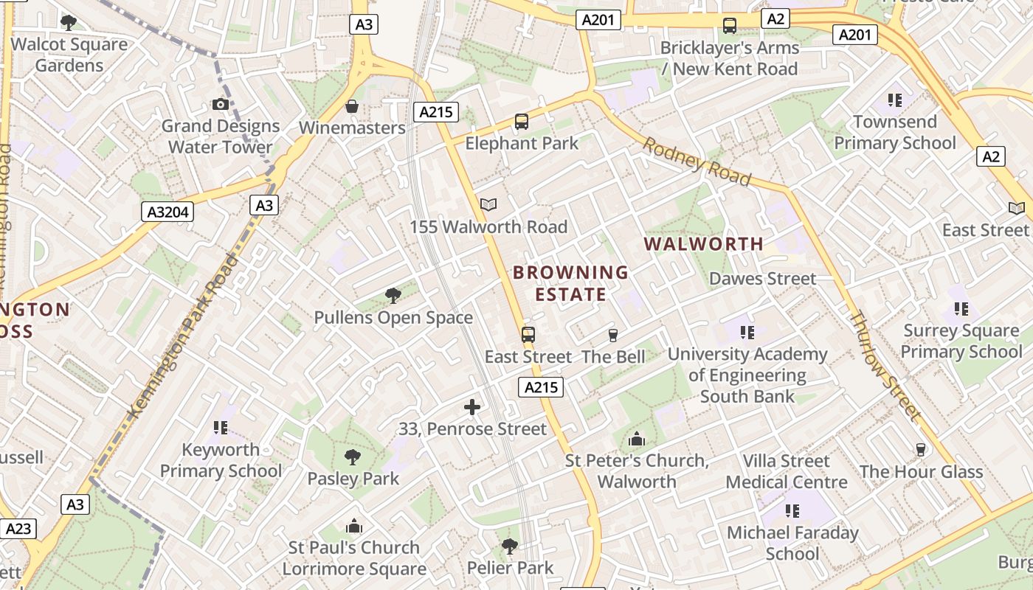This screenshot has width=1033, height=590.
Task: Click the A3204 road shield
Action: (167, 212)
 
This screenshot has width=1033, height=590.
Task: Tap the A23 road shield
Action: (18, 528)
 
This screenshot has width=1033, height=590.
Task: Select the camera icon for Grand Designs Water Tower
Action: (220, 104)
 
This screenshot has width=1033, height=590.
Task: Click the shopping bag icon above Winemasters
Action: (352, 106)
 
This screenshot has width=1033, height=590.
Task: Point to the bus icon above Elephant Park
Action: (522, 122)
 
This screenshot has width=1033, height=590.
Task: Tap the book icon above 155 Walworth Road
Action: (488, 205)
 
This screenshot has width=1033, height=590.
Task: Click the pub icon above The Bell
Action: (612, 336)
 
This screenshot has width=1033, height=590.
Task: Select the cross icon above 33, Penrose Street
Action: (472, 406)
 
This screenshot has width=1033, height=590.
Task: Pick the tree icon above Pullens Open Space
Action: (393, 296)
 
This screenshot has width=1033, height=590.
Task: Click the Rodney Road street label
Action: (697, 162)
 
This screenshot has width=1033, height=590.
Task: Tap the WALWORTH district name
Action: (703, 243)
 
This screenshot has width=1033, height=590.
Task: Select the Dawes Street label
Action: (762, 279)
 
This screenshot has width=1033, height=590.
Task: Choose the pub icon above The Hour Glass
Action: (920, 449)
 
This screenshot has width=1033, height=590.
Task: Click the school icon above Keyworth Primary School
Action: (220, 427)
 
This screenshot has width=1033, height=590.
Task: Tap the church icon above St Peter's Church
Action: (636, 440)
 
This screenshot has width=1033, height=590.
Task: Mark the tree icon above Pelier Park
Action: (509, 546)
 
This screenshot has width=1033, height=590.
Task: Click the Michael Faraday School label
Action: (792, 543)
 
